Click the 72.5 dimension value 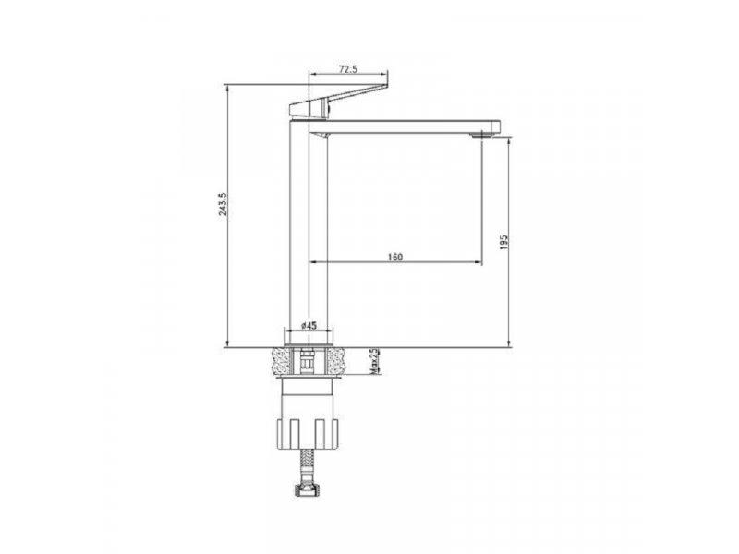(348, 70)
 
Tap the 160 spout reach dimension (394, 257)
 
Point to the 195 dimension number (503, 242)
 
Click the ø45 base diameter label (310, 326)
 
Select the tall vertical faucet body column (309, 231)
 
